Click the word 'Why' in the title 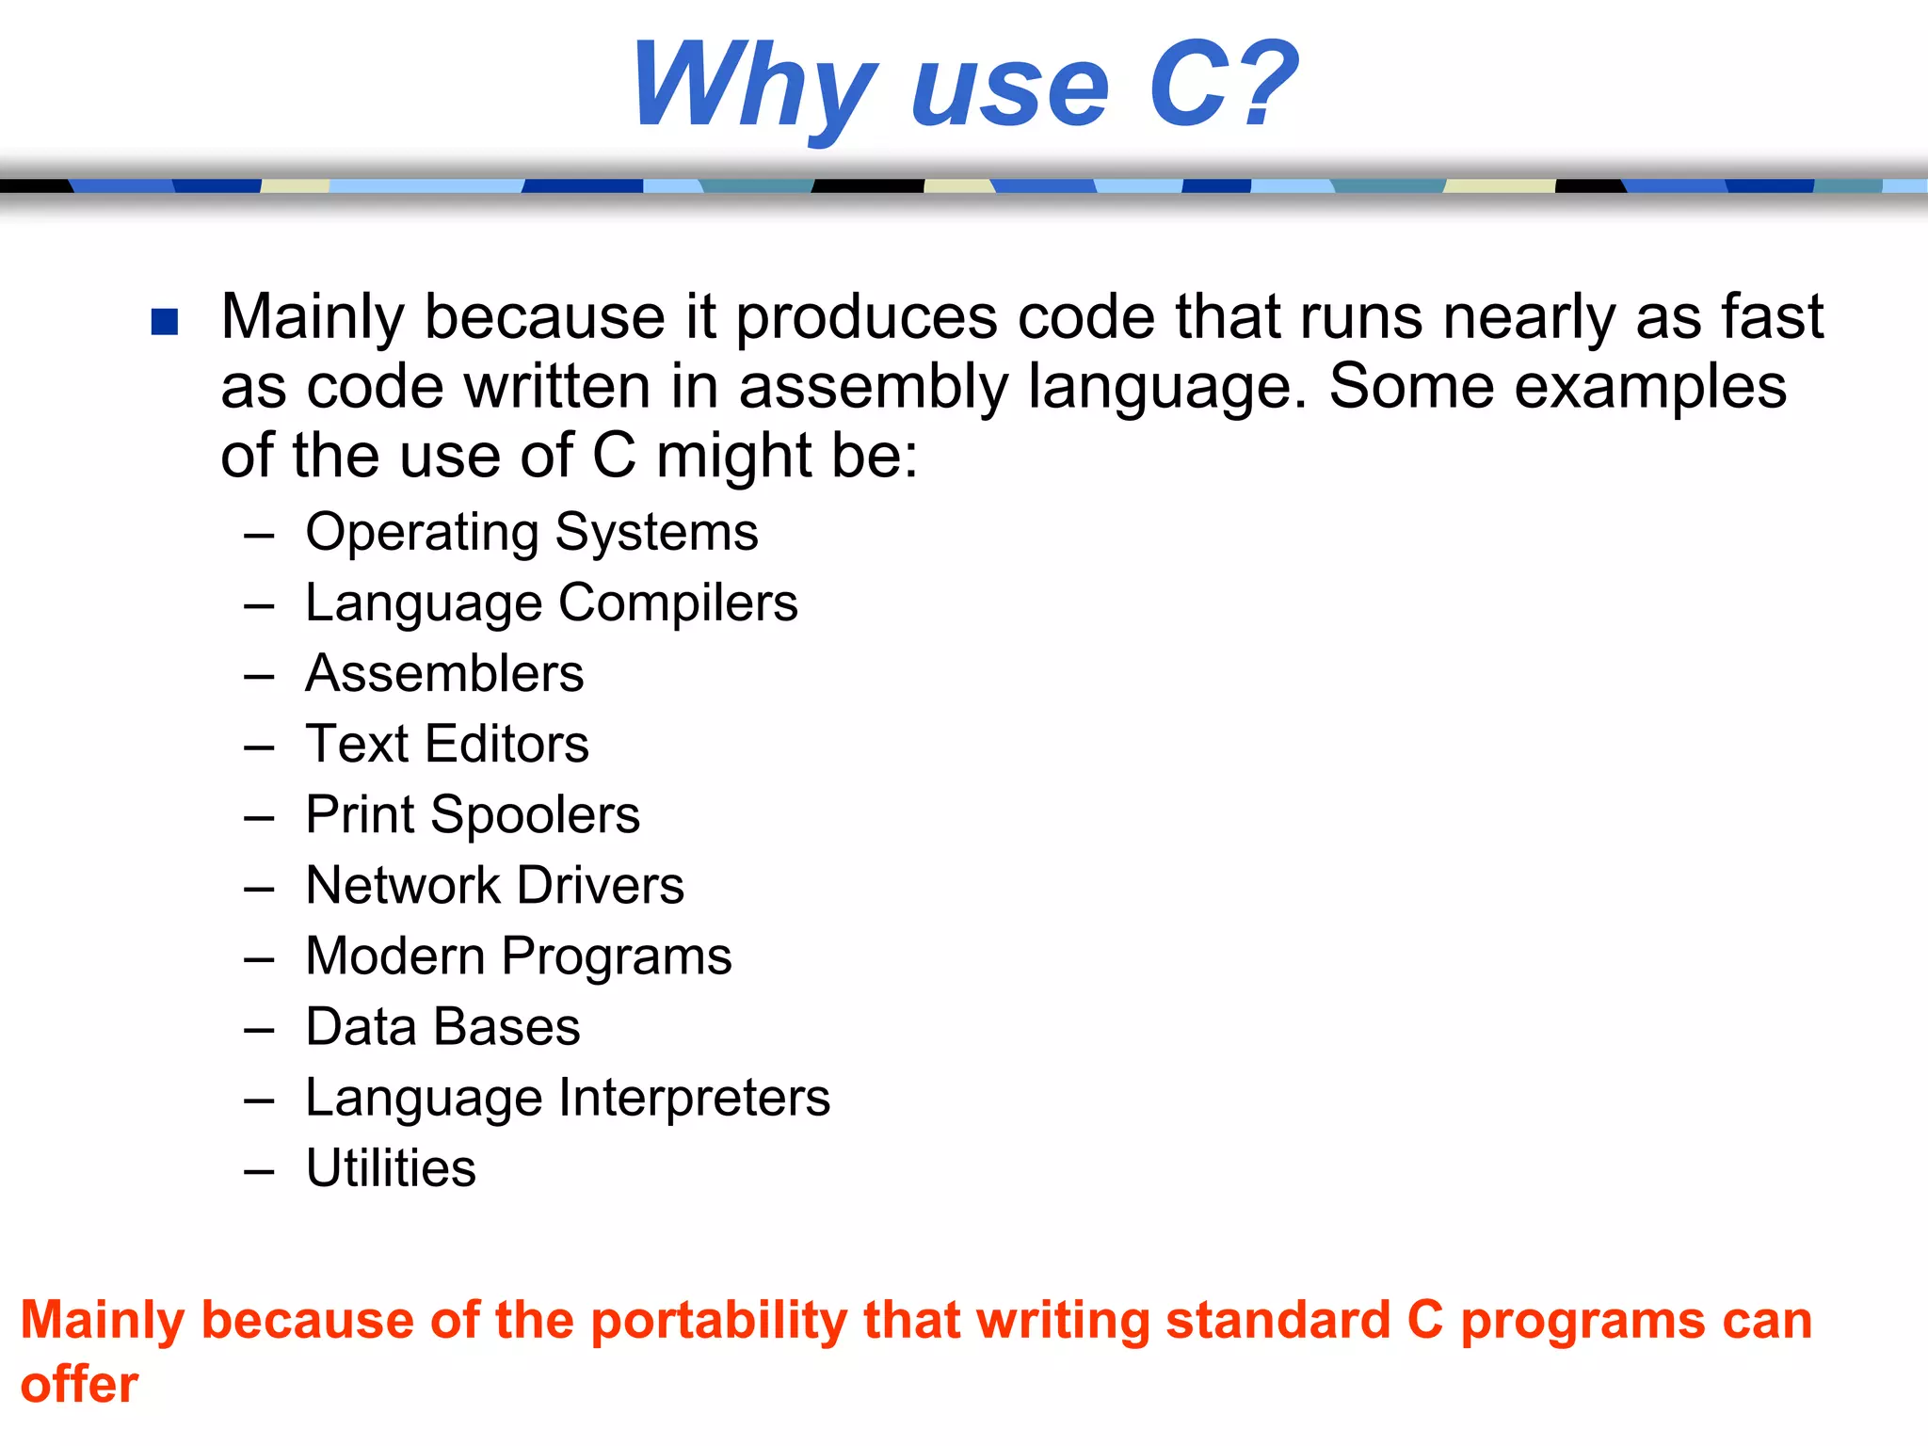pos(753,87)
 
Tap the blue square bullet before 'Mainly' pos(165,322)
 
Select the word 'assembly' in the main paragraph pos(873,388)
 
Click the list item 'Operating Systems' pos(532,533)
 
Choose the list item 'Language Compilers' pos(552,603)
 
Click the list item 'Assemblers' pos(444,674)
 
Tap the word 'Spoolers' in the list pos(535,815)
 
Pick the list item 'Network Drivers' pos(495,886)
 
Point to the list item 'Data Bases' pos(442,1027)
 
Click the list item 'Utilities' pos(391,1168)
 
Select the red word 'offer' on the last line pos(79,1385)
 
